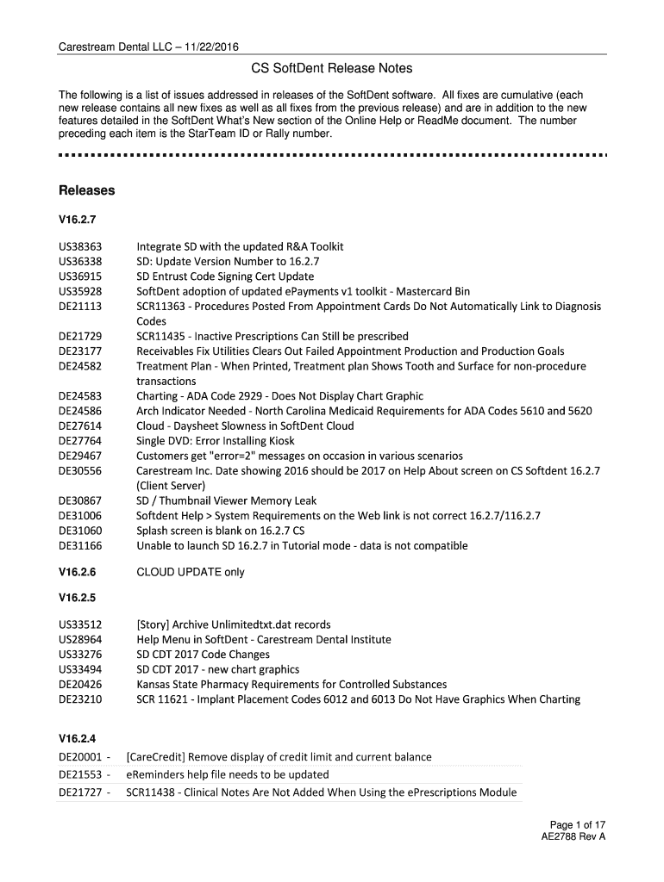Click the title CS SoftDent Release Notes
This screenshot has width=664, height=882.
(x=332, y=68)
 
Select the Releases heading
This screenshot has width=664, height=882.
(x=86, y=189)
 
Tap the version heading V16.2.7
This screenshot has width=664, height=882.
(x=77, y=220)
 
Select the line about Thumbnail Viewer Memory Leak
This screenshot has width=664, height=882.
(x=226, y=500)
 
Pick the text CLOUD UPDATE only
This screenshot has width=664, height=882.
(x=191, y=572)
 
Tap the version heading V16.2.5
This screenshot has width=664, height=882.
(x=77, y=597)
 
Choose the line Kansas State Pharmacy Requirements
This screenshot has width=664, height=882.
(x=291, y=684)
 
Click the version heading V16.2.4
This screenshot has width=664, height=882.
(x=77, y=738)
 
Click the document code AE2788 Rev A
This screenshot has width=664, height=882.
(x=573, y=835)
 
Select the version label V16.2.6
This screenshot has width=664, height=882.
(x=77, y=572)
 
